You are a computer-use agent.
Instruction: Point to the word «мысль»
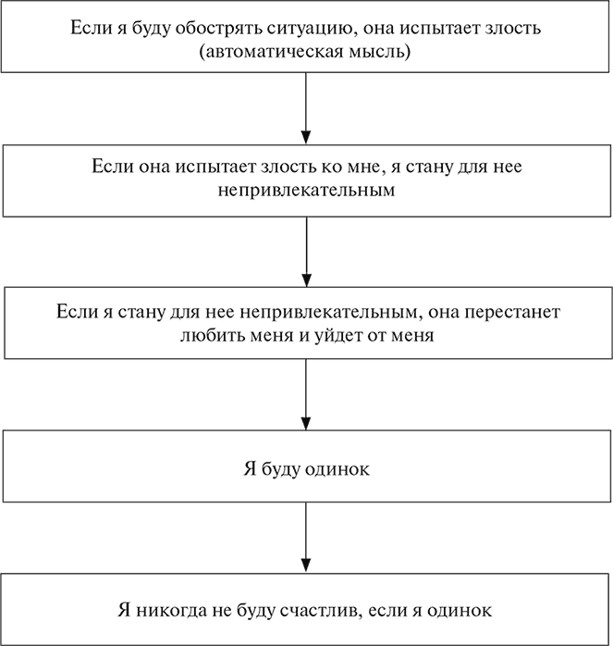point(372,52)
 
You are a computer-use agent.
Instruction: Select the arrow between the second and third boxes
point(305,250)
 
